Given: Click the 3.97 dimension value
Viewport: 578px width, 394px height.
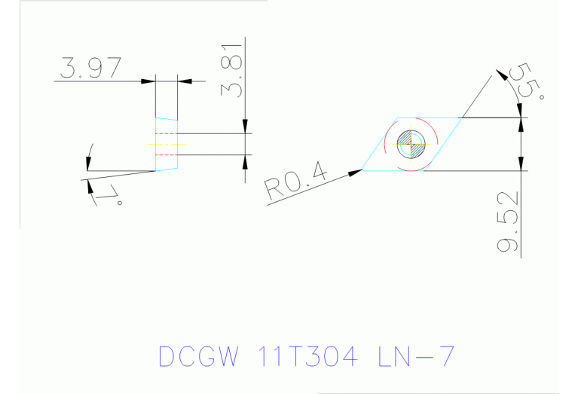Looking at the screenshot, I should point(89,69).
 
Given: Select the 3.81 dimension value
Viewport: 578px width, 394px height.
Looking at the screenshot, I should point(232,67).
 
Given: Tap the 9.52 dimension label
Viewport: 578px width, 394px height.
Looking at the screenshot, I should point(509,222).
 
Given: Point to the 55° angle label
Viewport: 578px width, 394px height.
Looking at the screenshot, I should point(528,82).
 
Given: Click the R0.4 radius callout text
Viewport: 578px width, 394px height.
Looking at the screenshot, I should point(296,182).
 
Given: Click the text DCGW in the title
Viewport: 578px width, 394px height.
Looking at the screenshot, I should point(198,356).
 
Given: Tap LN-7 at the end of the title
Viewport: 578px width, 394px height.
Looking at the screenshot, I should point(415,356).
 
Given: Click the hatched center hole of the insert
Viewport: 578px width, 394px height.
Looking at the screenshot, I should point(411,143).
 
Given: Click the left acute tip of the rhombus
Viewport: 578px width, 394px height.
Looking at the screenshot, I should point(363,170).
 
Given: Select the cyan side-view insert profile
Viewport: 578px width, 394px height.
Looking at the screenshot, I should point(167,143).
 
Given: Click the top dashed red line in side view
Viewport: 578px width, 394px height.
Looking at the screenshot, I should point(166,133).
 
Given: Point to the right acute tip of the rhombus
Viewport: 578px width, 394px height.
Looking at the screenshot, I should point(460,118).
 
